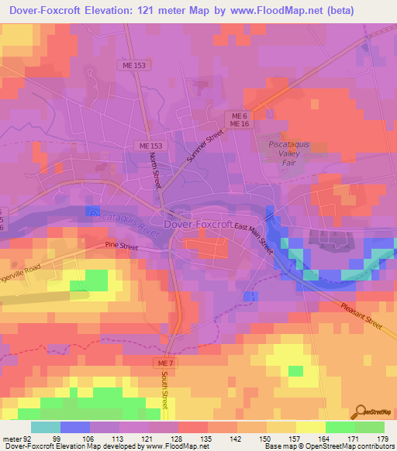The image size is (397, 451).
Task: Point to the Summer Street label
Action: (x=204, y=146)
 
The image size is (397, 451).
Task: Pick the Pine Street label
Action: (x=121, y=246)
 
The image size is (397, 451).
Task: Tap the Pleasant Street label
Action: (x=362, y=315)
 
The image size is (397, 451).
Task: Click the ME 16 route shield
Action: (x=239, y=123)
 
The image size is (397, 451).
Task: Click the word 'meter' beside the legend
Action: (x=12, y=438)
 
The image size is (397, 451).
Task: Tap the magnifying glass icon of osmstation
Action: (x=361, y=411)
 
